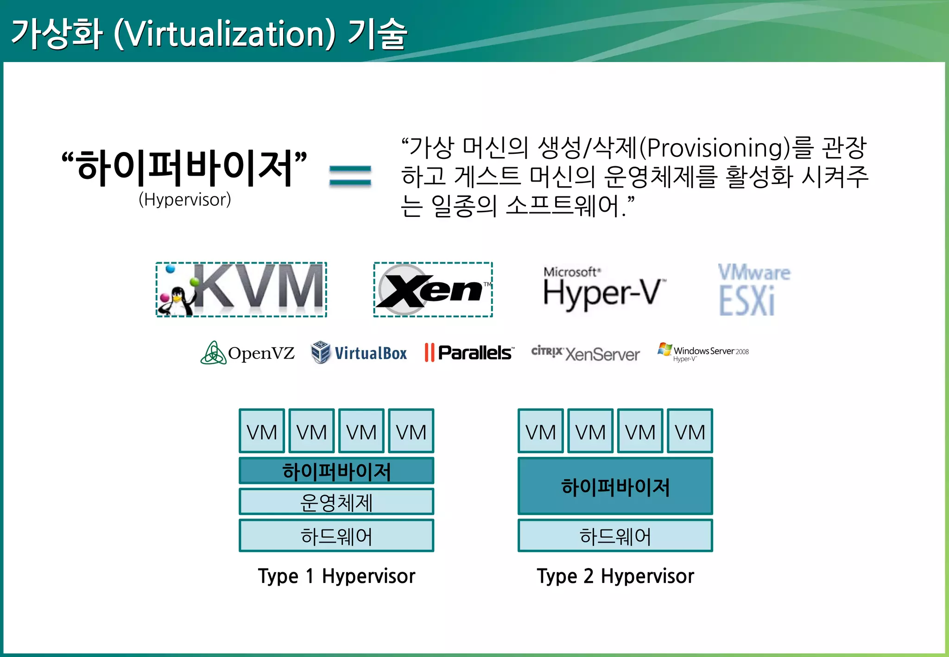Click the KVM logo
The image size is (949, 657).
[x=241, y=290]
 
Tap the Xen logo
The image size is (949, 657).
[x=433, y=290]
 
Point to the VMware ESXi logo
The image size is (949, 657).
[x=753, y=290]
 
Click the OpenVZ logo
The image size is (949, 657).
[x=247, y=353]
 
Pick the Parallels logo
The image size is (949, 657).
[x=468, y=353]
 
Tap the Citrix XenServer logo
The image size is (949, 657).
[x=585, y=353]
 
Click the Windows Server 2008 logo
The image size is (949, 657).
[x=702, y=352]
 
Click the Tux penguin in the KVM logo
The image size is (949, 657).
[x=177, y=301]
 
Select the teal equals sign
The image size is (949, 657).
[x=350, y=176]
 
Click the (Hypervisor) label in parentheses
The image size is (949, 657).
[x=184, y=200]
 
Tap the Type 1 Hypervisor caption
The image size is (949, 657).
[x=336, y=576]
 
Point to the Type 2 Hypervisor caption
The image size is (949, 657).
[x=615, y=576]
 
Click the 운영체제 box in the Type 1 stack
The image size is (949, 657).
[x=336, y=502]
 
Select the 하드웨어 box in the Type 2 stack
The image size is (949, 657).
[x=615, y=536]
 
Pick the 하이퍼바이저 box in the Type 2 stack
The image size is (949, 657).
[x=615, y=486]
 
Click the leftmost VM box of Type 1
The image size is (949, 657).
[x=262, y=431]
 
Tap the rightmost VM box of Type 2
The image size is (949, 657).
[x=690, y=431]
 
